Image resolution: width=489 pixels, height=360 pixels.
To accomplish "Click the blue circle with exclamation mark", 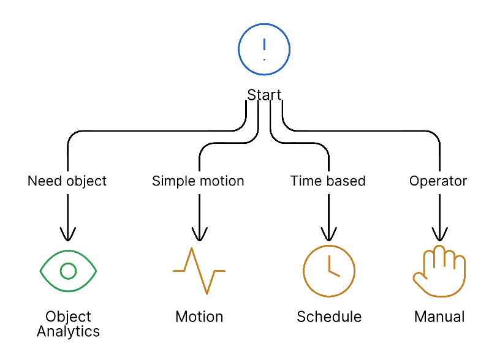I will pyautogui.click(x=264, y=49).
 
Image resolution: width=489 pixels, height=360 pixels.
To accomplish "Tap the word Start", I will pyautogui.click(x=264, y=95).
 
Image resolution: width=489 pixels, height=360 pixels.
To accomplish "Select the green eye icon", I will pyautogui.click(x=68, y=270).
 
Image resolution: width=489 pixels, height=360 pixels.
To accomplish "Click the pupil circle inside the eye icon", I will pyautogui.click(x=68, y=270).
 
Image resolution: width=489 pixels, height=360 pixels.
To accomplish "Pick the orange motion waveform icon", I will pyautogui.click(x=199, y=270).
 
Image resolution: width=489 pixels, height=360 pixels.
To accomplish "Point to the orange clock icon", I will pyautogui.click(x=329, y=270).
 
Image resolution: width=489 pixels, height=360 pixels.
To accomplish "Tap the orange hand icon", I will pyautogui.click(x=439, y=271).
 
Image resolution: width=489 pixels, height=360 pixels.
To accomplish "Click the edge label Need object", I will pyautogui.click(x=67, y=181).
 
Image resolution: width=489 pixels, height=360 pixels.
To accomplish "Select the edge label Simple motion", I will pyautogui.click(x=198, y=181).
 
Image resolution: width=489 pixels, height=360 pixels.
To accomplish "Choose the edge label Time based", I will pyautogui.click(x=328, y=181).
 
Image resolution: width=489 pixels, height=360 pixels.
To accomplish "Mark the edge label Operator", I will pyautogui.click(x=438, y=181).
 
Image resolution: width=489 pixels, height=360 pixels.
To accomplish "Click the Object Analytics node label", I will pyautogui.click(x=68, y=324).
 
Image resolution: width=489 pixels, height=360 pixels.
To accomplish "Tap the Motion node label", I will pyautogui.click(x=199, y=317).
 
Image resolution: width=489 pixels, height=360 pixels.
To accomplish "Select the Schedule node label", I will pyautogui.click(x=329, y=317).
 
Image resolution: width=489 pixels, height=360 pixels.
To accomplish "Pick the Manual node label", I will pyautogui.click(x=439, y=317).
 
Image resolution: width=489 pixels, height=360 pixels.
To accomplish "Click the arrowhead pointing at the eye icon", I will pyautogui.click(x=68, y=234).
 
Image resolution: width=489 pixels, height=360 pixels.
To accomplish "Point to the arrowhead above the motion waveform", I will pyautogui.click(x=199, y=234).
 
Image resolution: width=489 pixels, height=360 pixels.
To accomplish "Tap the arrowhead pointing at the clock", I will pyautogui.click(x=329, y=234).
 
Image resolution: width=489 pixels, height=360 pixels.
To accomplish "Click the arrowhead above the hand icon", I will pyautogui.click(x=439, y=234).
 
